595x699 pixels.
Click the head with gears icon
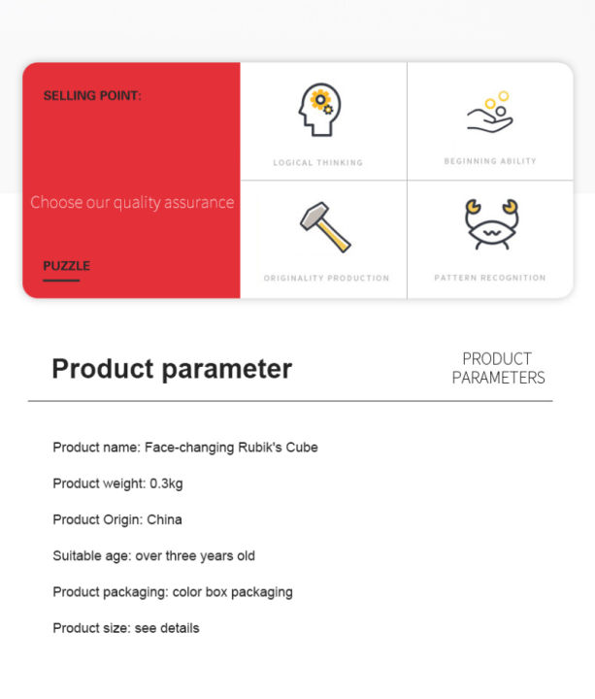point(319,110)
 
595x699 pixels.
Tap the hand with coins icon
point(490,113)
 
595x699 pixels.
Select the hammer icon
point(325,227)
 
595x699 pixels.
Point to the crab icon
point(491,224)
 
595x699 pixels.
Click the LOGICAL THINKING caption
point(318,163)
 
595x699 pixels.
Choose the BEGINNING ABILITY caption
point(490,161)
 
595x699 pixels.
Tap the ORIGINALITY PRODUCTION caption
point(326,279)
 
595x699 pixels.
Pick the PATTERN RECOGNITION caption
point(490,278)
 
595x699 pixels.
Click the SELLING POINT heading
point(92,95)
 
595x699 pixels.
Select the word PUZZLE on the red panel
point(66,266)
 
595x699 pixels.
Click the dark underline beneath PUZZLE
point(61,281)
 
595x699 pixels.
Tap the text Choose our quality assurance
point(132,202)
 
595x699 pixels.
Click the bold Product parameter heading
point(172,369)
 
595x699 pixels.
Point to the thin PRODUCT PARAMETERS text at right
point(498,368)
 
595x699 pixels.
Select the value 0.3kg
point(166,483)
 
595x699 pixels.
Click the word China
point(164,519)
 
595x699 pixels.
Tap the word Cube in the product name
point(302,448)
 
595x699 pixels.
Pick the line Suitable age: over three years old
point(153,556)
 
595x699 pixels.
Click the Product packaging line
point(173,592)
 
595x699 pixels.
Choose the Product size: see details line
point(126,628)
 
